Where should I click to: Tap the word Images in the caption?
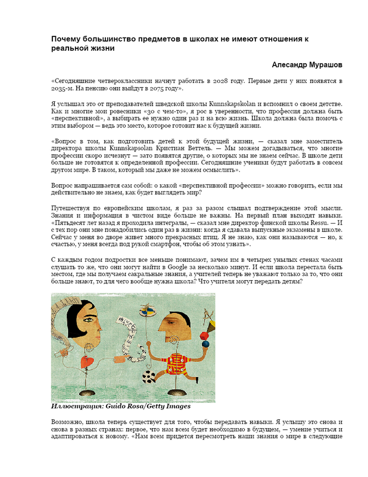pyautogui.click(x=176, y=407)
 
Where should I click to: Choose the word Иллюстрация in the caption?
pyautogui.click(x=76, y=407)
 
